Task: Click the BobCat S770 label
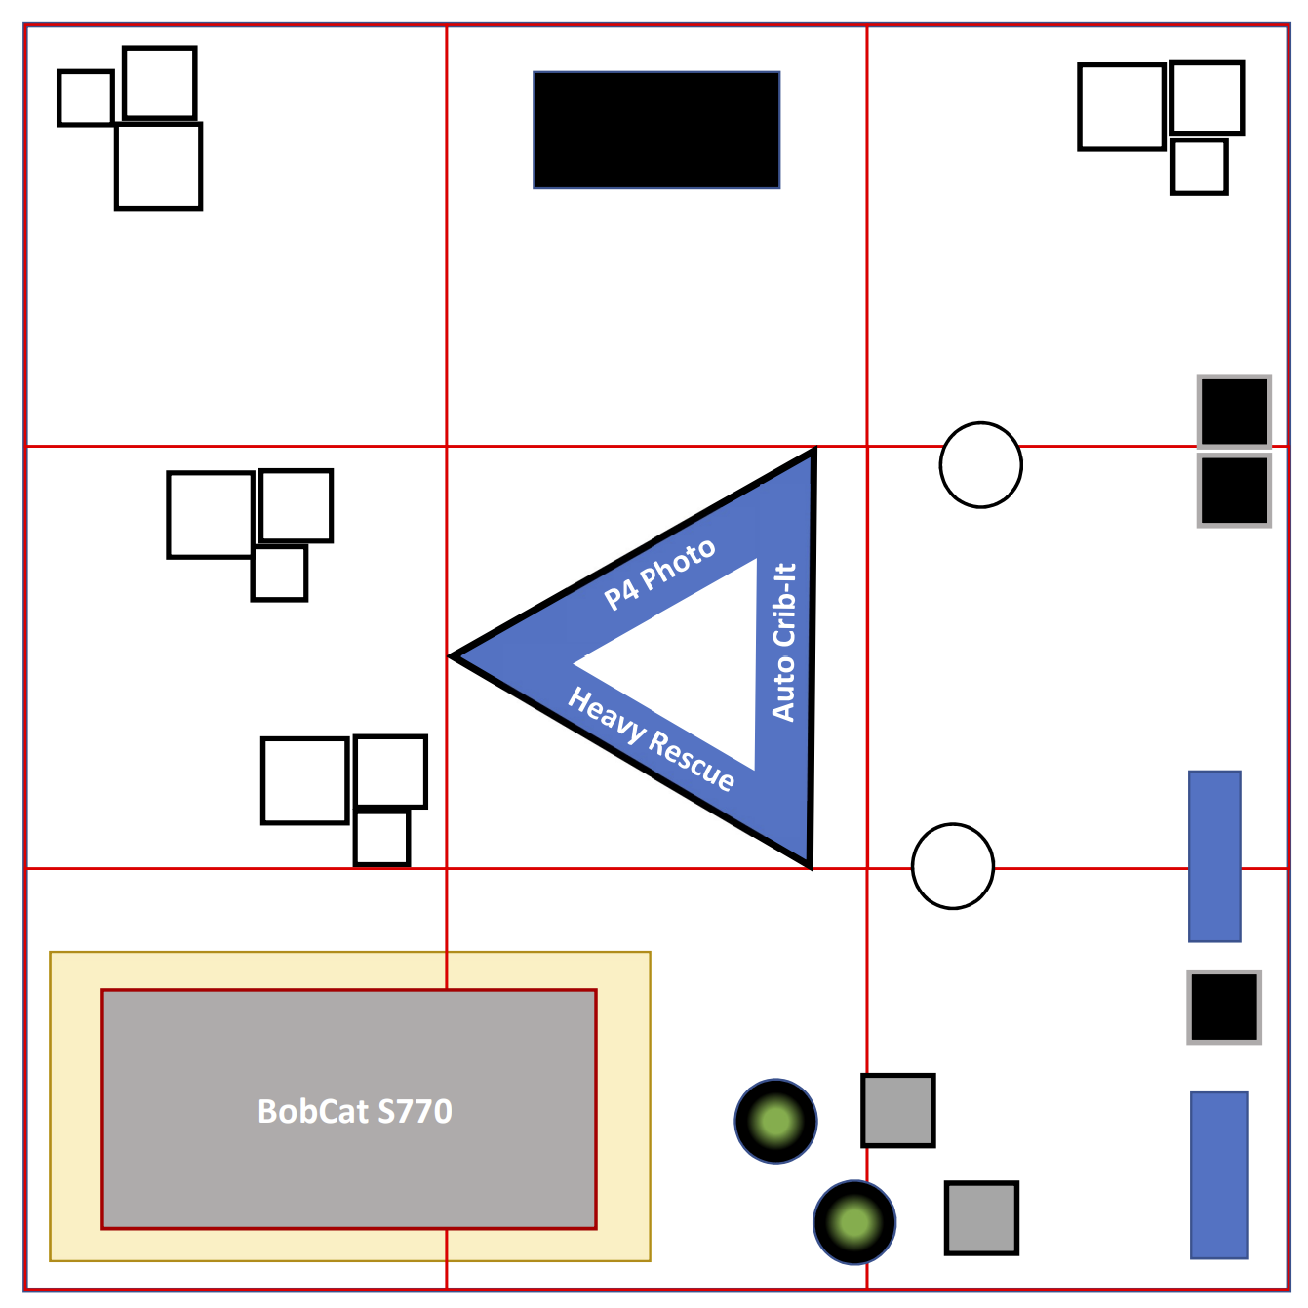(354, 1111)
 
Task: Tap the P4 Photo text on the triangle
(659, 575)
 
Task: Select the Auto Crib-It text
(784, 642)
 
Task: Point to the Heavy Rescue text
(651, 738)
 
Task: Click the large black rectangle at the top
(656, 130)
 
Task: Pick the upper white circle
(980, 465)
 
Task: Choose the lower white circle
(952, 866)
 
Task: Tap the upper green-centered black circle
(775, 1121)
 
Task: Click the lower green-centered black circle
(854, 1222)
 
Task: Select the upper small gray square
(897, 1110)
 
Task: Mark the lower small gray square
(981, 1217)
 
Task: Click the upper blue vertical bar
(1214, 856)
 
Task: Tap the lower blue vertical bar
(1218, 1174)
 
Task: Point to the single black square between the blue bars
(1224, 1007)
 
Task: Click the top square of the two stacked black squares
(1234, 412)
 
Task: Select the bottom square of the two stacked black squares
(1234, 491)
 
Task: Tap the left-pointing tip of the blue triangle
(460, 656)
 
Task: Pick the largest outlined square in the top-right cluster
(1122, 107)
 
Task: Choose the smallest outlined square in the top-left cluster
(86, 98)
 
